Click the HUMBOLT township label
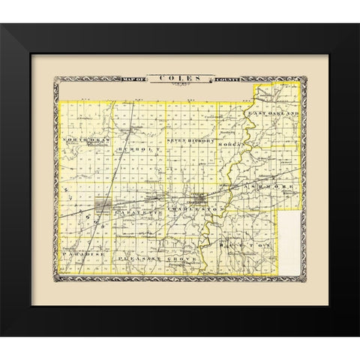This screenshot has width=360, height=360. point(129,149)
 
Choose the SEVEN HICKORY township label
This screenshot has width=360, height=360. point(190,140)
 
